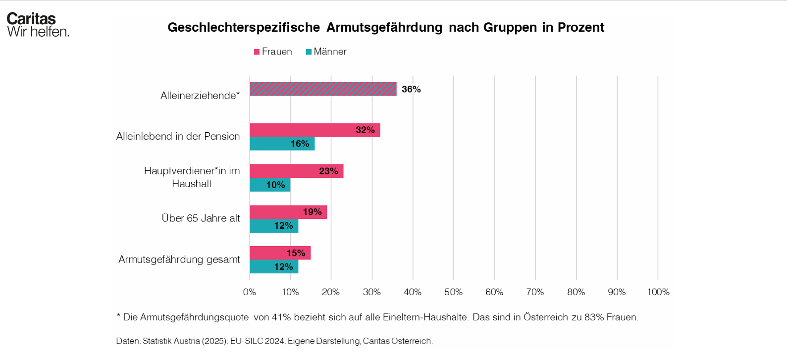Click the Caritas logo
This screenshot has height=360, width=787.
point(38,25)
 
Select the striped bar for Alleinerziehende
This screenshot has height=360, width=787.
point(323,89)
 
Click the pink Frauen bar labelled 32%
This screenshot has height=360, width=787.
point(315,130)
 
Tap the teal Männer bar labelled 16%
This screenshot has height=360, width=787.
point(282,144)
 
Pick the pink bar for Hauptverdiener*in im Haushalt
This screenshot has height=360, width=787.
point(296,171)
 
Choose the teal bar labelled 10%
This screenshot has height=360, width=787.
point(270,185)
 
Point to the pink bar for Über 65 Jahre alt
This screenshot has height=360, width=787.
point(288,212)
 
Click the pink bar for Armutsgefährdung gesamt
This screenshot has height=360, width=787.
point(280,253)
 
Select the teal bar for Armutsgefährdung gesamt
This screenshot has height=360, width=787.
point(274,267)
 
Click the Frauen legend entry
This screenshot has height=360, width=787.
point(273,51)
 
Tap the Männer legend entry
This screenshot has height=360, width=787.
point(326,51)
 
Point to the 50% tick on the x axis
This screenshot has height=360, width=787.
point(454,292)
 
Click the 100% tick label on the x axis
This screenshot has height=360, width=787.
point(658,292)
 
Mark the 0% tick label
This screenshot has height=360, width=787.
point(250,292)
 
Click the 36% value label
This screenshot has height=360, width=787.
point(411,89)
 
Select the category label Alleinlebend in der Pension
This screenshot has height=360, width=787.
point(178,136)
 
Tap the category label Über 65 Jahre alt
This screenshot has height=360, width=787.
point(201,218)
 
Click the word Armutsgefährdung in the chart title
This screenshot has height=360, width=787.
point(384,27)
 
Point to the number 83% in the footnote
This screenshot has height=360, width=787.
point(593,317)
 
